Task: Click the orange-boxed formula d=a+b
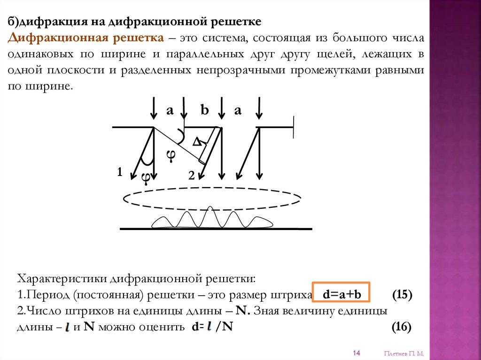pos(341,295)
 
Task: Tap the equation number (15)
pos(402,295)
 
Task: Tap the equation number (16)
pos(402,327)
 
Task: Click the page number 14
pos(356,353)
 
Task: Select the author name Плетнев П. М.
pos(404,353)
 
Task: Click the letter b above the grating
pos(204,110)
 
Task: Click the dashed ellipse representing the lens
pos(212,199)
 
